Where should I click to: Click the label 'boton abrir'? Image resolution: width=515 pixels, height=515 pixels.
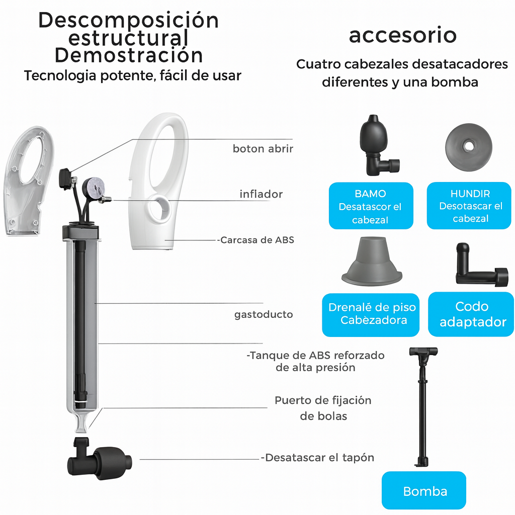coord(263,149)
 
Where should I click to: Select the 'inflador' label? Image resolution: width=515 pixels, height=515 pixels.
coord(261,194)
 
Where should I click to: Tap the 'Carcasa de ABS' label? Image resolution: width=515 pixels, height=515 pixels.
coord(256,240)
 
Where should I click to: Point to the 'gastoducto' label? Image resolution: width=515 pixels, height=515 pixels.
coord(264,315)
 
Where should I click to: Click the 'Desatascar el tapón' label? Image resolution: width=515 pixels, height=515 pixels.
coord(318,458)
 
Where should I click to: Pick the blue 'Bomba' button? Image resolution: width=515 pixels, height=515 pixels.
coord(424,491)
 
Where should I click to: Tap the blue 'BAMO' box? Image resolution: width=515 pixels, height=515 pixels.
coord(370,206)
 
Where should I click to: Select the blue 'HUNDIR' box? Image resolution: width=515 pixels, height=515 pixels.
coord(470,206)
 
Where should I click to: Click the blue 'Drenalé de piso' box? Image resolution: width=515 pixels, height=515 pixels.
coord(371,314)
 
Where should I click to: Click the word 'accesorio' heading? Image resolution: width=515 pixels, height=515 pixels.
coord(402,36)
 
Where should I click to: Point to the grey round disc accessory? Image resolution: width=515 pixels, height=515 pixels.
coord(468,146)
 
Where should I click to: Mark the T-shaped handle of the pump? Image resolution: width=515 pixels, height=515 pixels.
coord(423,352)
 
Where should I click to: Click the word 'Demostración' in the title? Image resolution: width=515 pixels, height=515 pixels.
coord(129,55)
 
